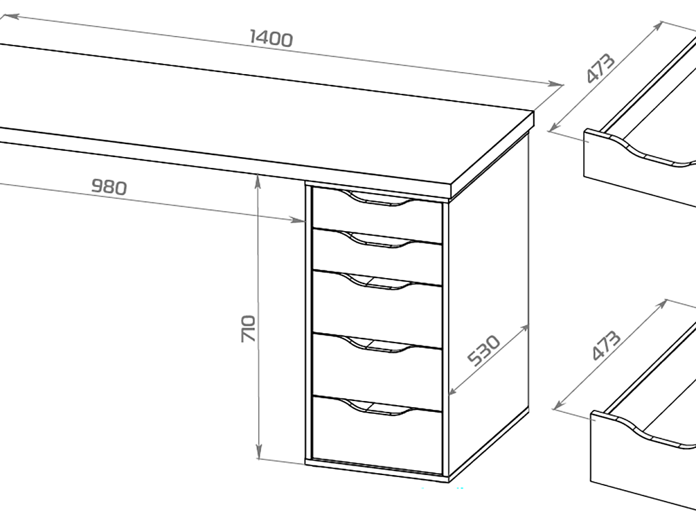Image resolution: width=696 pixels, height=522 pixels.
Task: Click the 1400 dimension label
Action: pyautogui.click(x=271, y=39)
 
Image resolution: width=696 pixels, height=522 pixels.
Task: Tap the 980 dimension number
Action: pyautogui.click(x=109, y=188)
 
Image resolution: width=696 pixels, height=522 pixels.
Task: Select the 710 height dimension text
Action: pyautogui.click(x=248, y=328)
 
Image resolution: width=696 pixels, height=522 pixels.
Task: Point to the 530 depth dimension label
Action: pyautogui.click(x=484, y=350)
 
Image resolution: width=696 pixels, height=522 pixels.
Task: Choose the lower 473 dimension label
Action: pyautogui.click(x=606, y=345)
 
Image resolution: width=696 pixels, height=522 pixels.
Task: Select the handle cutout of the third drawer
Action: pyautogui.click(x=377, y=282)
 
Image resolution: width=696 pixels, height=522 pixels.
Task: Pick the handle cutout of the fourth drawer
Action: pyautogui.click(x=377, y=345)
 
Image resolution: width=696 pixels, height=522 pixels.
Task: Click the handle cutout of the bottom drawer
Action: pyautogui.click(x=377, y=408)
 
